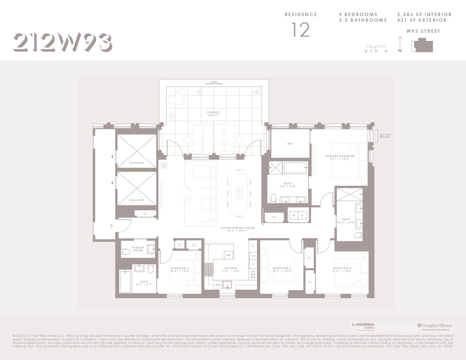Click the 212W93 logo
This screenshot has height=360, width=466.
click(63, 42)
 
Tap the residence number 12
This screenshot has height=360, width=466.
click(300, 30)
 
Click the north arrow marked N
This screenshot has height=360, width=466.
click(400, 45)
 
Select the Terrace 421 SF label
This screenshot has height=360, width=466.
click(213, 114)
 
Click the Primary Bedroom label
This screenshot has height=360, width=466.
click(339, 157)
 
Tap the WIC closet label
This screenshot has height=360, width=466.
click(290, 144)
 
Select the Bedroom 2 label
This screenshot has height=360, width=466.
click(180, 270)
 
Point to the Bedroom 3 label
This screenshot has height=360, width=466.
click(282, 270)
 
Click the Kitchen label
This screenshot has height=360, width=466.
click(231, 270)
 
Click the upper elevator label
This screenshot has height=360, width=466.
click(136, 163)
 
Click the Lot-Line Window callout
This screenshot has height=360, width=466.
click(385, 136)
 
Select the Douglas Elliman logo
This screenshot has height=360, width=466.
click(435, 327)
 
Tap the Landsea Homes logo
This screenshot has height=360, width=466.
click(363, 327)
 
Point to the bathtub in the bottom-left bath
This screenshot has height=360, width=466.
click(125, 282)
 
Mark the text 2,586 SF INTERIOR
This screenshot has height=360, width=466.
click(424, 14)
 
